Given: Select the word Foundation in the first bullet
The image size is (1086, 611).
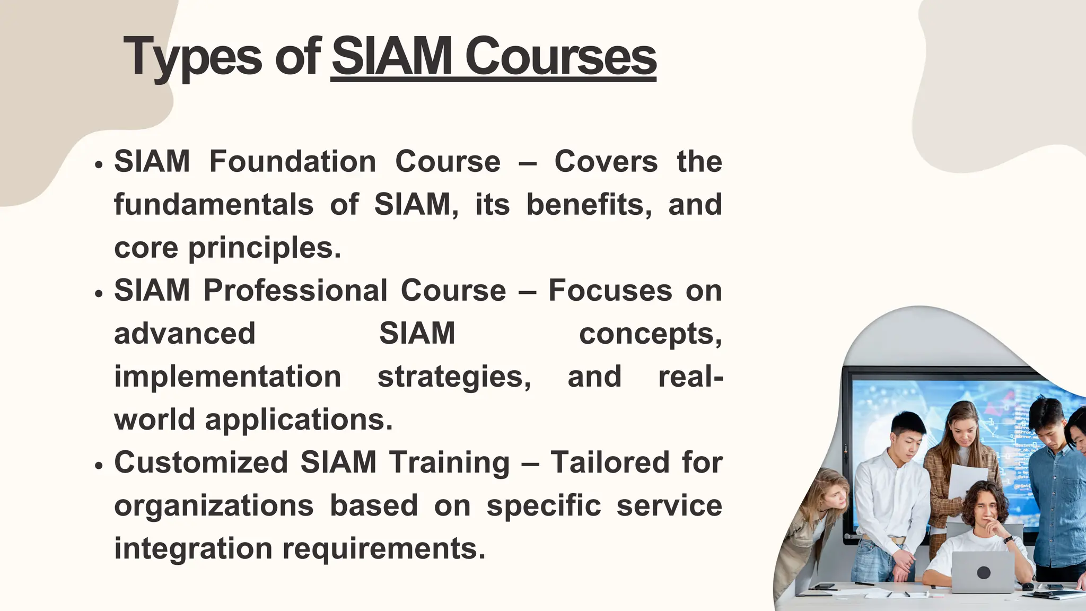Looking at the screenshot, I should click(x=293, y=161).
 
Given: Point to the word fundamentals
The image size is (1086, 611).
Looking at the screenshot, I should click(x=214, y=205).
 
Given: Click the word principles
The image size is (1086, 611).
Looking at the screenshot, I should click(x=265, y=248).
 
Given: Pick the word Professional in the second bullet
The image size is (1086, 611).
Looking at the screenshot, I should click(x=295, y=291).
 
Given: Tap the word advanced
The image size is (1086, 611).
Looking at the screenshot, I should click(x=185, y=334).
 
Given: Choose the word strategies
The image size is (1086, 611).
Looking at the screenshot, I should click(x=454, y=377).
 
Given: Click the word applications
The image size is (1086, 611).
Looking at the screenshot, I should click(x=299, y=420).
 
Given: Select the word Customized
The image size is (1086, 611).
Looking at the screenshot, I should click(x=201, y=462).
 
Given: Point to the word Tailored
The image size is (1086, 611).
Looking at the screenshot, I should click(x=610, y=462).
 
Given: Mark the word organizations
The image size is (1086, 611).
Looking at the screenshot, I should click(x=214, y=505).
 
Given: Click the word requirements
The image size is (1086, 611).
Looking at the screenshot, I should click(x=383, y=548).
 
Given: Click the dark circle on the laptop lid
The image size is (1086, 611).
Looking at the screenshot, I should click(x=984, y=573).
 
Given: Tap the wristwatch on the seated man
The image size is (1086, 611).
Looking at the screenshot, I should click(x=1008, y=539).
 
